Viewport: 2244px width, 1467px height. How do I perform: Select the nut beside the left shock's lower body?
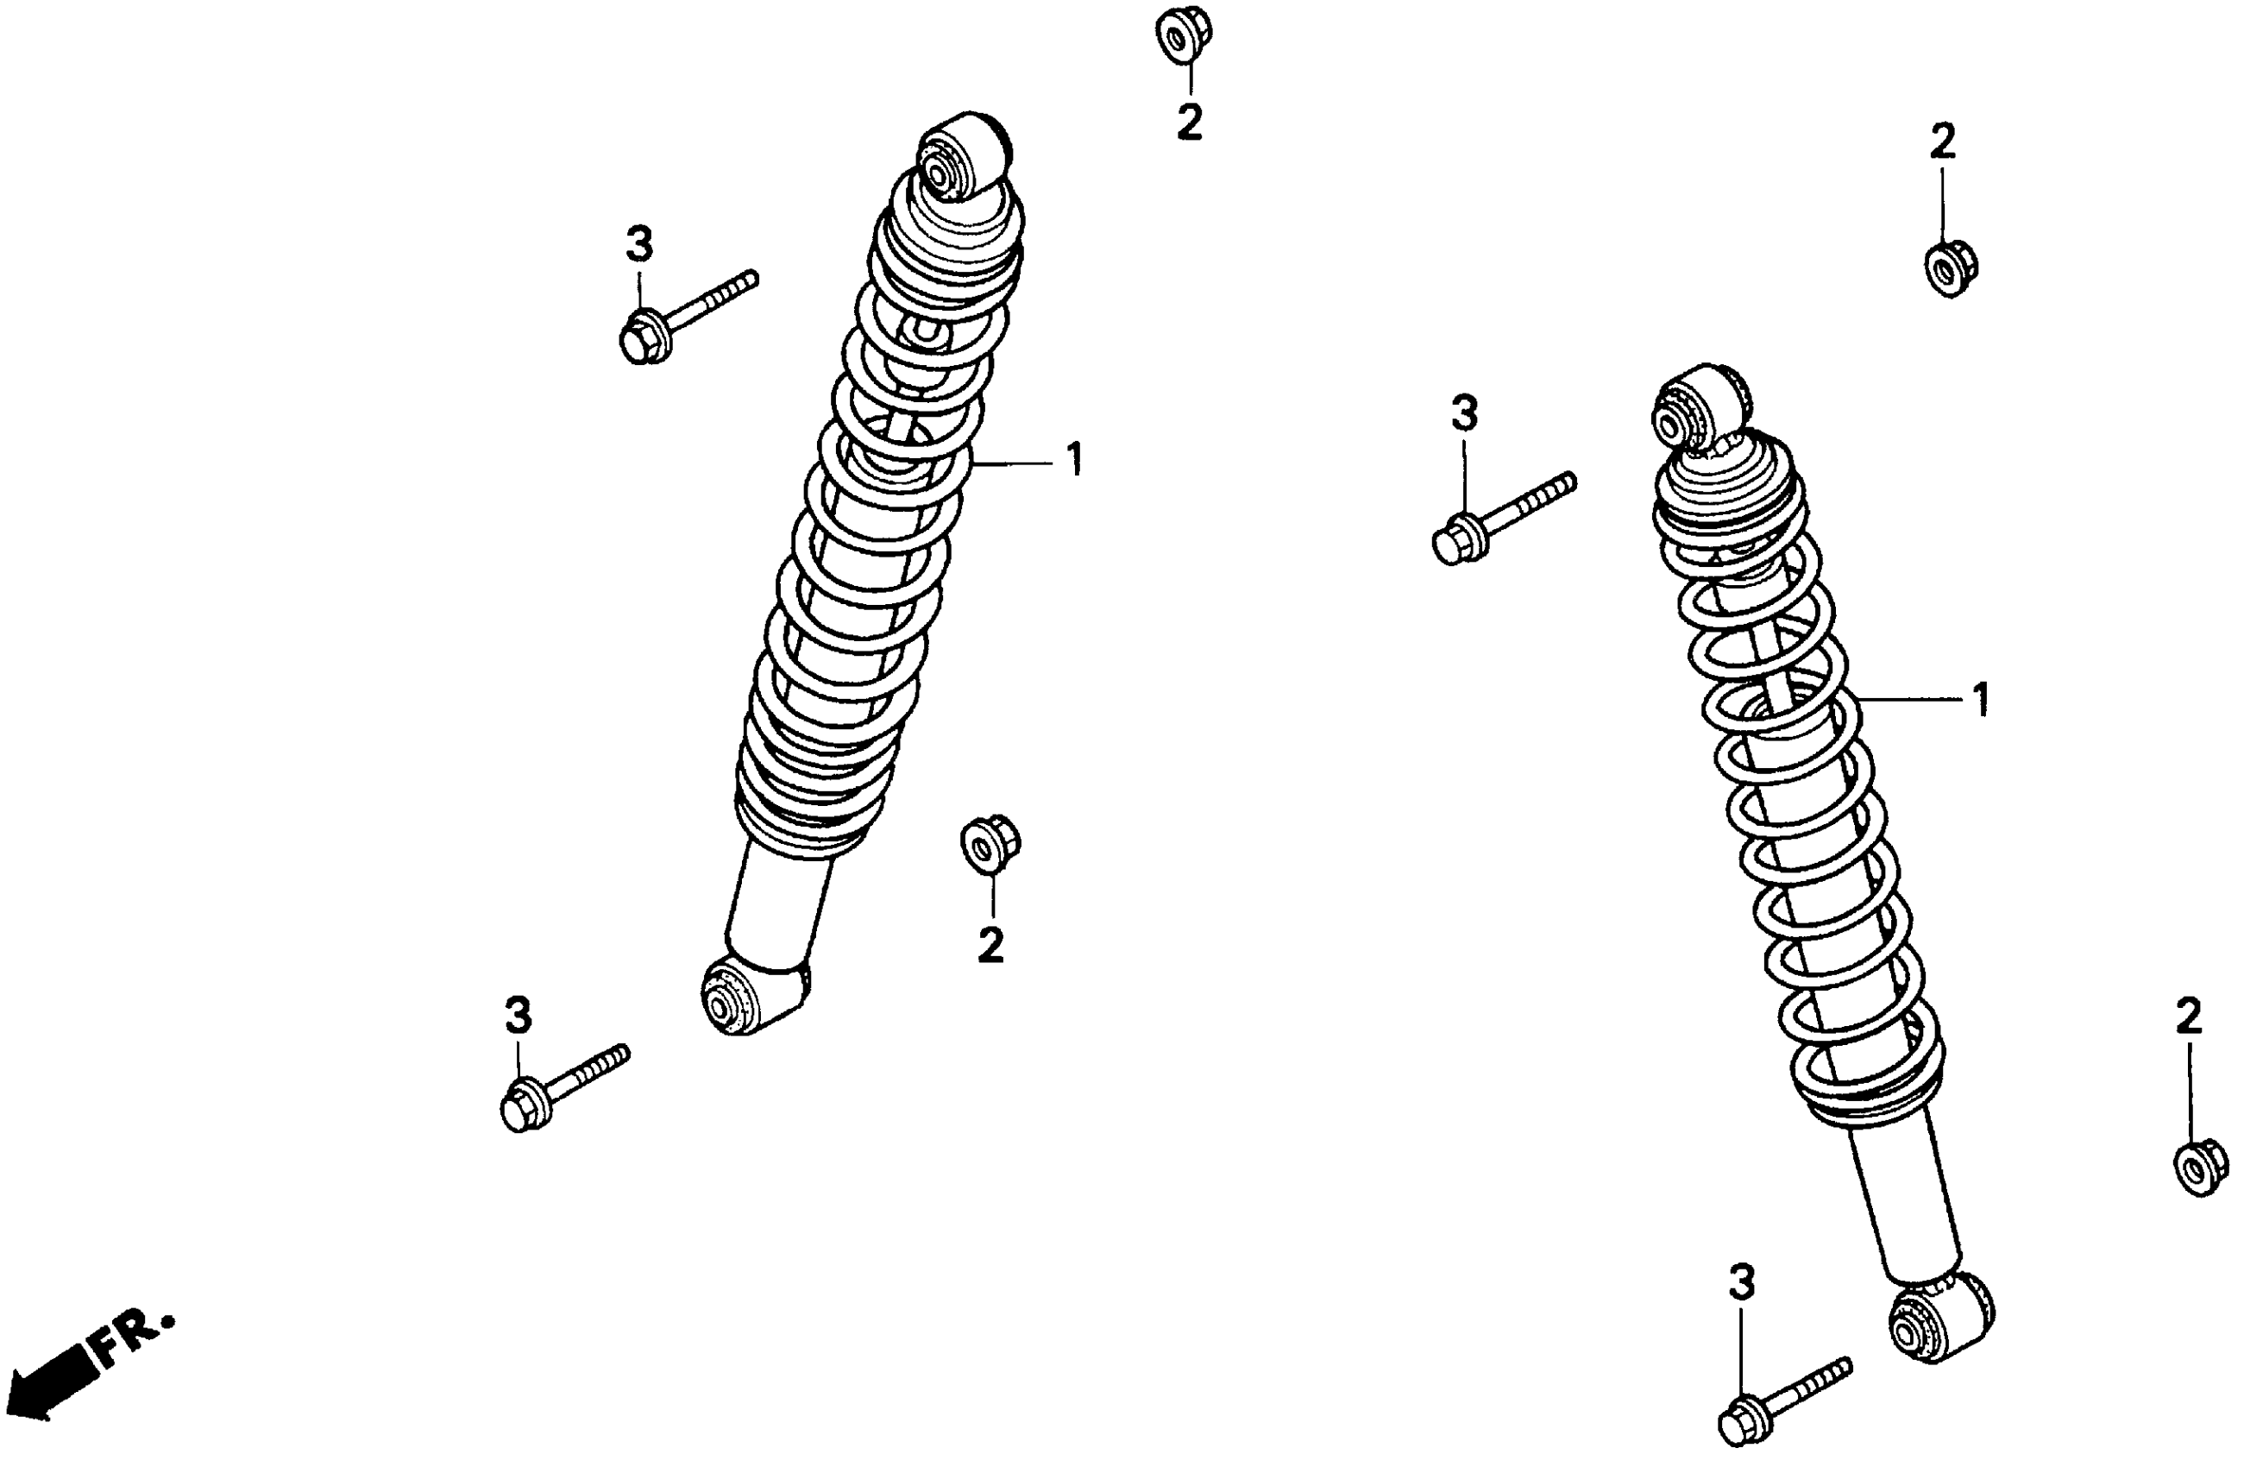990,842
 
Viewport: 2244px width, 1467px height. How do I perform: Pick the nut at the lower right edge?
2202,1169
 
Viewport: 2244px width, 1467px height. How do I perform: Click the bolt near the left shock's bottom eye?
560,1088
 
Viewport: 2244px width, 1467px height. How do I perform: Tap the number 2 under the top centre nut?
1190,123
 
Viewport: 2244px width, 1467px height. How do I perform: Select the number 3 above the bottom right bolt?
1742,1282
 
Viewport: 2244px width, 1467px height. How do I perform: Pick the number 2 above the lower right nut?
2190,1016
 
